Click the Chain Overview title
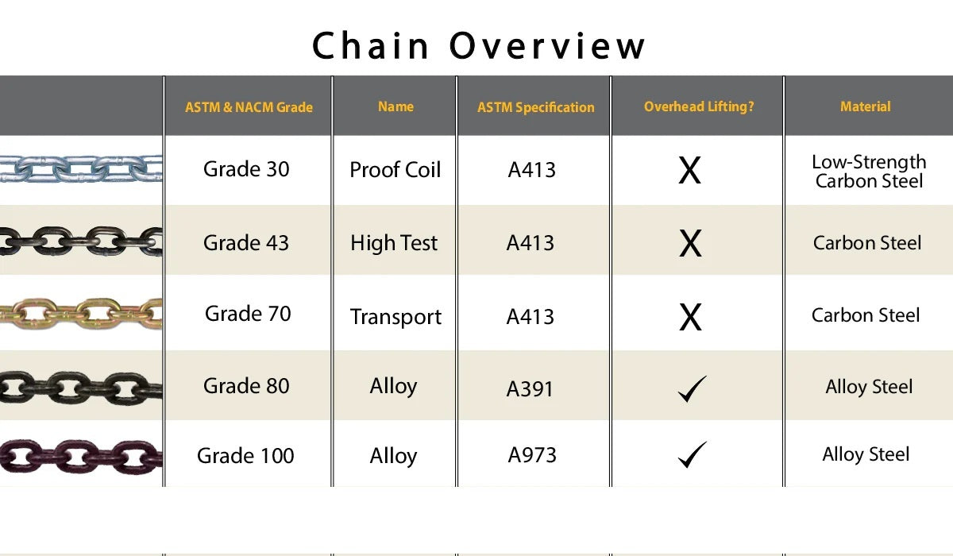[x=478, y=45]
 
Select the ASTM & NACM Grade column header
[x=249, y=107]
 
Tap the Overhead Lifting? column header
[x=699, y=106]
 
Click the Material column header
[x=866, y=106]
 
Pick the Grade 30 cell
[x=246, y=169]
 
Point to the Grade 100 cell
[x=245, y=456]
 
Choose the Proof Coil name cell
[x=395, y=170]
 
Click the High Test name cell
[x=394, y=243]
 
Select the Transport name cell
[x=395, y=317]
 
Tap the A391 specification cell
[x=530, y=388]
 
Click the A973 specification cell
[x=532, y=455]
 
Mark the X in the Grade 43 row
[x=690, y=244]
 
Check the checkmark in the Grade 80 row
[x=692, y=389]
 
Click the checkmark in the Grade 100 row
[x=692, y=455]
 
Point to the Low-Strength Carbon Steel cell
[x=869, y=172]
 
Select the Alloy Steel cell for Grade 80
[x=869, y=387]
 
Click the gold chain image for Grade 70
[x=81, y=313]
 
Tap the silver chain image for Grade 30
[x=81, y=168]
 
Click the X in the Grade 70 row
[x=690, y=317]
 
